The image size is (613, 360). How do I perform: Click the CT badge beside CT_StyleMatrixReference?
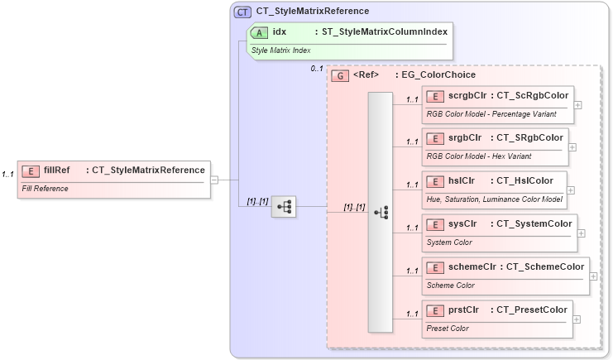(243, 12)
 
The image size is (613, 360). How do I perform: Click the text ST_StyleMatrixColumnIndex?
(380, 32)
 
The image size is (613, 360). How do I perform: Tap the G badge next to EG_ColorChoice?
(339, 75)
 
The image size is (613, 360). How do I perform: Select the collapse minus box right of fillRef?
(213, 180)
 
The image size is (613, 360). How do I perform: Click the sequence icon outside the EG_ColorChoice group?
(284, 207)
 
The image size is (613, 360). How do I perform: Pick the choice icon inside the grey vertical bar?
(381, 213)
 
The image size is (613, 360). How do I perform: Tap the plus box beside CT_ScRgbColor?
(577, 105)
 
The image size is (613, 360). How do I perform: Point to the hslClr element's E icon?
(435, 181)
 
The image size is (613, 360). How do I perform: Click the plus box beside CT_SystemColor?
(581, 233)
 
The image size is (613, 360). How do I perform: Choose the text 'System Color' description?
(449, 242)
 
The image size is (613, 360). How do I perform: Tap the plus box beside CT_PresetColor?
(577, 319)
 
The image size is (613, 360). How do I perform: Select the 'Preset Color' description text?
(447, 329)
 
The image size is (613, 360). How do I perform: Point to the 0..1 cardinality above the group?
(317, 69)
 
